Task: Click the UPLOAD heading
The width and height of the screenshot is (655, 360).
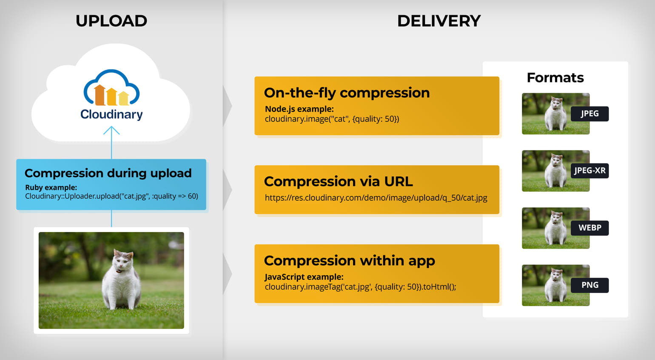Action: (x=111, y=21)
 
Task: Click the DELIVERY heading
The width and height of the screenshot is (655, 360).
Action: (x=439, y=21)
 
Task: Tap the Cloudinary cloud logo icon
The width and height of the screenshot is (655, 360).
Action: (x=111, y=88)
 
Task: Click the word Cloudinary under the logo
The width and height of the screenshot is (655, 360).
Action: (x=111, y=114)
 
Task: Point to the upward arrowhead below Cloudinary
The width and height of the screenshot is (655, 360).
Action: (x=111, y=130)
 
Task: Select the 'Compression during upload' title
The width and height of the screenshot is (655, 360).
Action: (x=108, y=173)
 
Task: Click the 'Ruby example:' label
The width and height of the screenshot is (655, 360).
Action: (x=51, y=187)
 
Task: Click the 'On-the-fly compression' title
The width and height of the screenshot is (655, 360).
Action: (x=347, y=93)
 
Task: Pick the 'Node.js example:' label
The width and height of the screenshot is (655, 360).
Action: (x=299, y=109)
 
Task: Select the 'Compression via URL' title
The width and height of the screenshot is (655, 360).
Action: (x=338, y=181)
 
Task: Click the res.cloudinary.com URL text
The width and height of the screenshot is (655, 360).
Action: (x=376, y=198)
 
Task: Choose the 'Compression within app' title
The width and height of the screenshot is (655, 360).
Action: (x=349, y=261)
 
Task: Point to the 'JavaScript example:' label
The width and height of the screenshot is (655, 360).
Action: (x=304, y=277)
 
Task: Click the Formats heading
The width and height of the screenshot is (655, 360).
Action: (x=555, y=78)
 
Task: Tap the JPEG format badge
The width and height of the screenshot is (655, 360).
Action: (x=589, y=113)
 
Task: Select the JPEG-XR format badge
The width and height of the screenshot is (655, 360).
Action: (x=589, y=170)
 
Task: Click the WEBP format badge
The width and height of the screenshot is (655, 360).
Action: (x=589, y=228)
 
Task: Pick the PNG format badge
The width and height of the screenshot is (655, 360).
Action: (x=589, y=285)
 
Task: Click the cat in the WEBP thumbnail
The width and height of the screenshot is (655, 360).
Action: (x=555, y=229)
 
